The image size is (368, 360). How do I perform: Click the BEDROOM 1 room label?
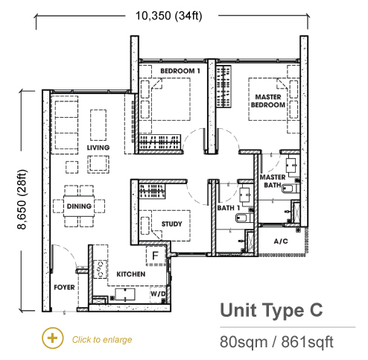[x=180, y=71]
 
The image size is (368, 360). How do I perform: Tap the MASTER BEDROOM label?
[x=268, y=101]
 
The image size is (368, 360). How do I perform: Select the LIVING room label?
[x=98, y=148]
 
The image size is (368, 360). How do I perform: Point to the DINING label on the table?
[x=79, y=206]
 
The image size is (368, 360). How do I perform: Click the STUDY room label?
[x=171, y=224]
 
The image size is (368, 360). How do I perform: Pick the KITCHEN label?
[x=131, y=274]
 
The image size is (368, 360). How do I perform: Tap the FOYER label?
[x=64, y=288]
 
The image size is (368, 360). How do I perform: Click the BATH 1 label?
[x=229, y=208]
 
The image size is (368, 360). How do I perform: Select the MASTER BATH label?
[x=273, y=181]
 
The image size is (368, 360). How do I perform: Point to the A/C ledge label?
[x=281, y=241]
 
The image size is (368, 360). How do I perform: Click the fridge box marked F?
[x=156, y=256]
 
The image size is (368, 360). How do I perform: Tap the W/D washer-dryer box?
[x=158, y=294]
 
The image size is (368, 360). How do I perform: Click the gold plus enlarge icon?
[x=53, y=338]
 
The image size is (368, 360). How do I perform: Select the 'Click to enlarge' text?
[x=102, y=339]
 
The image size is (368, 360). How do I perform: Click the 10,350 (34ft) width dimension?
[x=169, y=16]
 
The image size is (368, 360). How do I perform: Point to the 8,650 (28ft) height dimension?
[x=22, y=200]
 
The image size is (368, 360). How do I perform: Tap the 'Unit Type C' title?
[x=271, y=310]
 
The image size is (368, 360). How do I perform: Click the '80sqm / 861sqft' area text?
[x=276, y=342]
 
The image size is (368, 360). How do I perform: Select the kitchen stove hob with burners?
[x=100, y=269]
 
